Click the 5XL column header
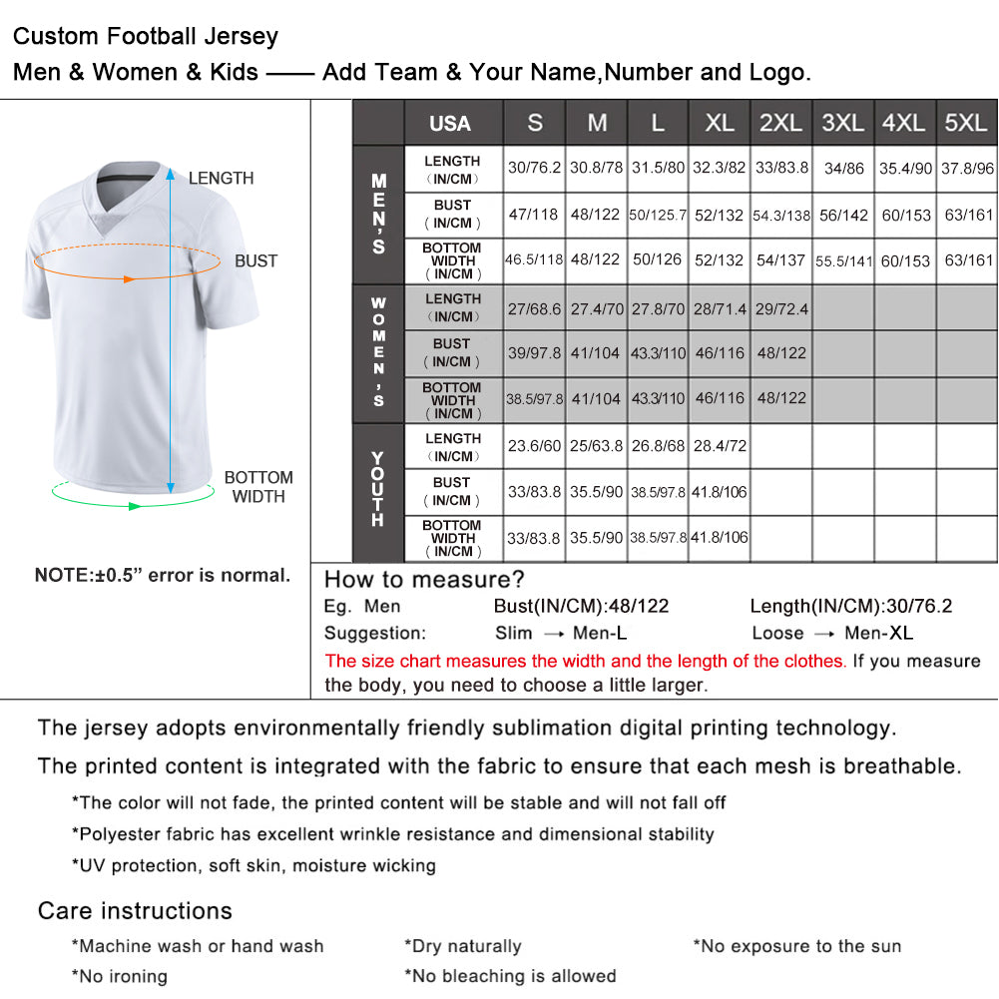pyautogui.click(x=965, y=123)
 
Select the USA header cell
pyautogui.click(x=450, y=124)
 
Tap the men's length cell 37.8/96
pyautogui.click(x=965, y=168)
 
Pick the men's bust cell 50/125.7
pyautogui.click(x=658, y=215)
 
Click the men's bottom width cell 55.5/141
pyautogui.click(x=843, y=260)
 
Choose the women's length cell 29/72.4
pyautogui.click(x=781, y=308)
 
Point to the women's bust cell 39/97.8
pyautogui.click(x=534, y=352)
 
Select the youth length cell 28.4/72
pyautogui.click(x=720, y=446)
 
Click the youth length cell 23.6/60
pyautogui.click(x=534, y=446)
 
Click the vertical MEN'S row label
pyautogui.click(x=378, y=214)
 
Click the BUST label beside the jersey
pyautogui.click(x=256, y=260)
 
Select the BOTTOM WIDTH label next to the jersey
pyautogui.click(x=258, y=487)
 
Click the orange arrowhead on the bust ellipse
pyautogui.click(x=129, y=278)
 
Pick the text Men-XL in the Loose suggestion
pyautogui.click(x=878, y=633)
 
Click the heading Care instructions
pyautogui.click(x=135, y=910)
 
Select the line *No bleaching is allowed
pyautogui.click(x=510, y=975)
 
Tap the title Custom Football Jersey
pyautogui.click(x=146, y=37)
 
